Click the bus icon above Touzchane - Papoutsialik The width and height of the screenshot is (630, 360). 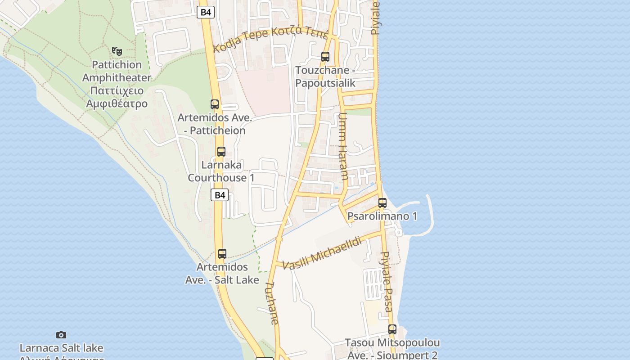325,57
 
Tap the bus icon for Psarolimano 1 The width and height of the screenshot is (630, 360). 382,203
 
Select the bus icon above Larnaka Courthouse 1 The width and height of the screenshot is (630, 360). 221,152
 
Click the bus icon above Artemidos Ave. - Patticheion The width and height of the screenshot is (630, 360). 215,104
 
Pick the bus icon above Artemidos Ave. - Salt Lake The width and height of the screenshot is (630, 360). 222,254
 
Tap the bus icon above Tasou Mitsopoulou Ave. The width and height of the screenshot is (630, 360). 392,329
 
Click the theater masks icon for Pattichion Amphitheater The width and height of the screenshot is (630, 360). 117,51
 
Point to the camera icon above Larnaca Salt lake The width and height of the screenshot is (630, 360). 61,335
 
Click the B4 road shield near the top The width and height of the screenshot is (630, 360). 206,12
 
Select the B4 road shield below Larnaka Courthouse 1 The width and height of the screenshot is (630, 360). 220,195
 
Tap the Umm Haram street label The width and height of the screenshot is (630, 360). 343,146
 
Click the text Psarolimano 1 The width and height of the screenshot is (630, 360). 382,216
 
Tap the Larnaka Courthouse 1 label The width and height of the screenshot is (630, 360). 221,171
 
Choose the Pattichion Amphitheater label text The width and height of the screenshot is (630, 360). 117,84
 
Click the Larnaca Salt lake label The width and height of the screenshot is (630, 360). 61,348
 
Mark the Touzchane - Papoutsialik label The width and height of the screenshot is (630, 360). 325,76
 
